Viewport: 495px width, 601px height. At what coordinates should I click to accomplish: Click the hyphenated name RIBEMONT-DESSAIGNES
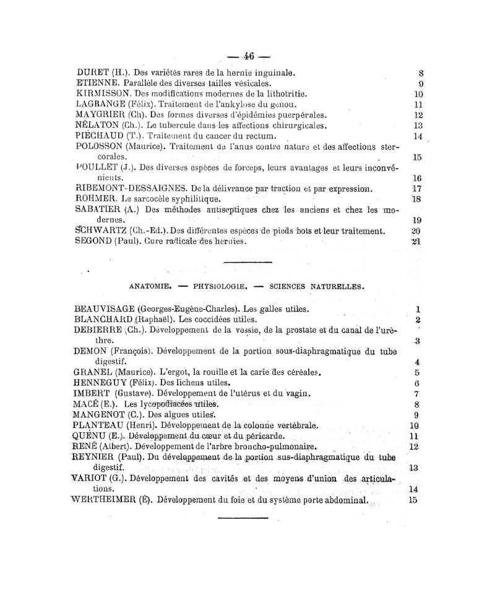tap(131, 188)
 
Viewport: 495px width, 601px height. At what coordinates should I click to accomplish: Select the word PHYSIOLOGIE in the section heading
tap(220, 286)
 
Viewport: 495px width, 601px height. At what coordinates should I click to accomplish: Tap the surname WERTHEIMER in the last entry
tap(109, 500)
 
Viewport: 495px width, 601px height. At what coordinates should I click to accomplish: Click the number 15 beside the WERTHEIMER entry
tap(413, 500)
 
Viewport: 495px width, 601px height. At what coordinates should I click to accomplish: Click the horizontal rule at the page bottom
tap(243, 516)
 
